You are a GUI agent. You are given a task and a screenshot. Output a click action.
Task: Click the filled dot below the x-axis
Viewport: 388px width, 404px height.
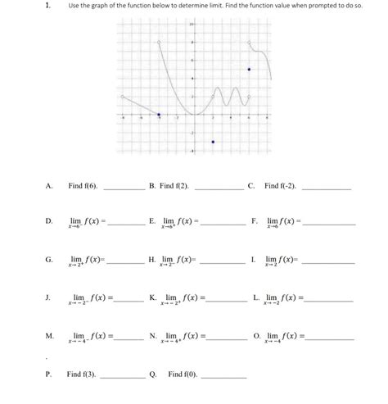point(213,142)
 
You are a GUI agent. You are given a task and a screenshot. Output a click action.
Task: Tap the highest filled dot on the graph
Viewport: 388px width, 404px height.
point(249,70)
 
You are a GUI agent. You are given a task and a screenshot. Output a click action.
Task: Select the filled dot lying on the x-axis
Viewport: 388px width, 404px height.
point(159,115)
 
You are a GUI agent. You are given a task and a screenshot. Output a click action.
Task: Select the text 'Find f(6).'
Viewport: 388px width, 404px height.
point(83,186)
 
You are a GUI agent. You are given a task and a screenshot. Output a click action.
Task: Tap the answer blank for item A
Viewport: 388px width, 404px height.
point(124,188)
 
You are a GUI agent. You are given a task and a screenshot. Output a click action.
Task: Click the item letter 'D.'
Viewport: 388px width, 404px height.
point(49,221)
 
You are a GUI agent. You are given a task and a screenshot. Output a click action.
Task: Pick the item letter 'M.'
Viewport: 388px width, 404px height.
point(50,336)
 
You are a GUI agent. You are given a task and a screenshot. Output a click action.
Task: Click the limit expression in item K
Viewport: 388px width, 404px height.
point(183,297)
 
